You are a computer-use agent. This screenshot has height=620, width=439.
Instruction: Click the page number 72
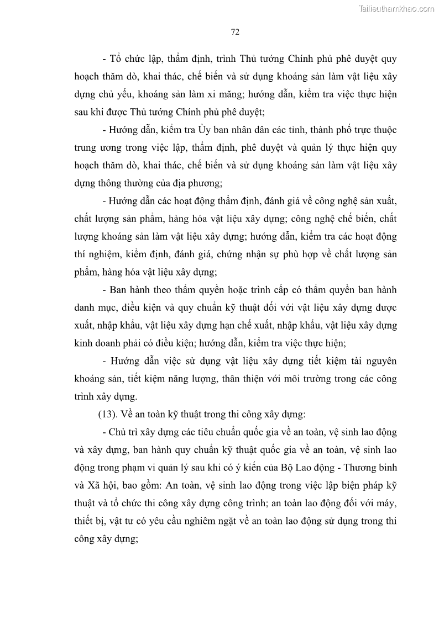[234, 32]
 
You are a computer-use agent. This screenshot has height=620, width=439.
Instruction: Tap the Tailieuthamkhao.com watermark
[397, 8]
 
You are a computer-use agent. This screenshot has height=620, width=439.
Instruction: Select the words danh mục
[96, 308]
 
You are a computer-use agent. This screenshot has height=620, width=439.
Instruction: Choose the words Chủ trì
[128, 432]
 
